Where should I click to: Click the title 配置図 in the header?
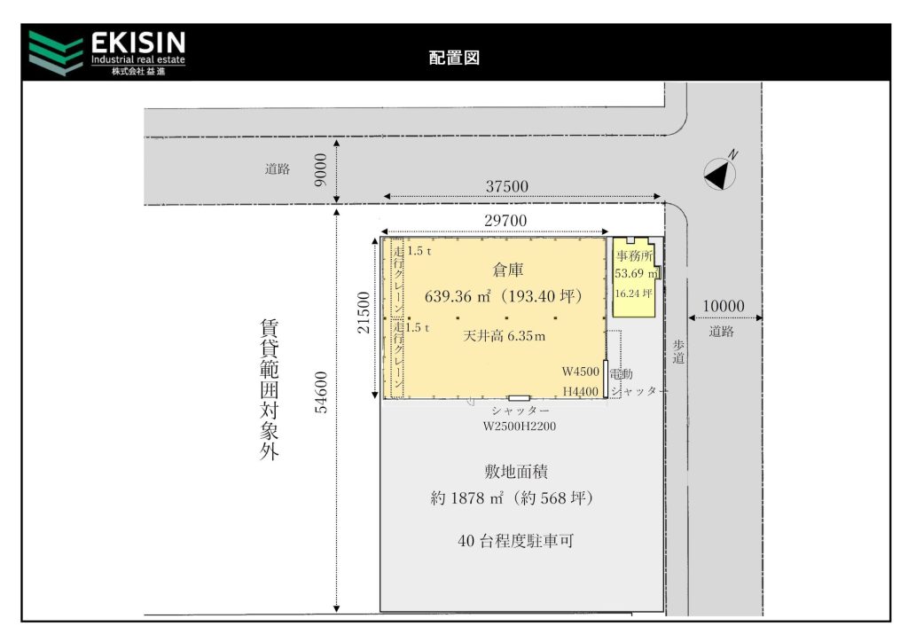pos(454,58)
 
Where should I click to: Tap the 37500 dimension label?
pos(506,186)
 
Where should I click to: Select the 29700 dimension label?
pos(505,221)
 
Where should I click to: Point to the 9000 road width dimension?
pos(320,170)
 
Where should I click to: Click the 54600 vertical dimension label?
pos(321,393)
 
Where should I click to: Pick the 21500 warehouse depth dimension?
pos(363,313)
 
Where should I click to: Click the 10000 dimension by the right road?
pos(724,306)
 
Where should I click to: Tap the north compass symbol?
pos(720,173)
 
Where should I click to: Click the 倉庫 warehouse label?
pos(508,270)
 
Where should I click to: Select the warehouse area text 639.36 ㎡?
pos(458,296)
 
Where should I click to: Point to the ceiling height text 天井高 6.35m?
pos(504,336)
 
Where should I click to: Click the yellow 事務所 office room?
pos(635,278)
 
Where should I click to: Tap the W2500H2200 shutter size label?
pos(520,426)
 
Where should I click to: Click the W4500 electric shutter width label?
pos(580,372)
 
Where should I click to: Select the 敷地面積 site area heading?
pos(516,472)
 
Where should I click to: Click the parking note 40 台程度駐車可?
pos(515,541)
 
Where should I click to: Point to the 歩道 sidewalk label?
pos(678,352)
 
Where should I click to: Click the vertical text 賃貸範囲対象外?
pos(270,389)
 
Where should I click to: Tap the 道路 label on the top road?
pos(278,169)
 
